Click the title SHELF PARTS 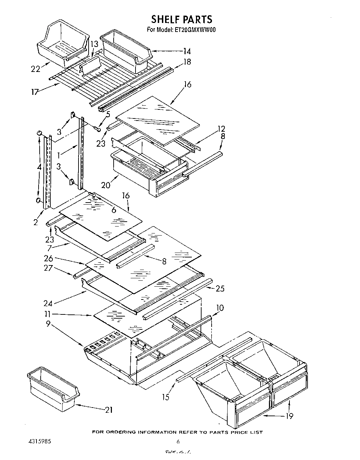click(x=181, y=19)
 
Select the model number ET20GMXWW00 click(x=194, y=30)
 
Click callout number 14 click(x=187, y=51)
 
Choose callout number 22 click(x=35, y=69)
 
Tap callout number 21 click(x=108, y=410)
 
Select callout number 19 click(x=289, y=416)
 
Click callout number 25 click(x=220, y=288)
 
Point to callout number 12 click(x=221, y=129)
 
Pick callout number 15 click(x=166, y=396)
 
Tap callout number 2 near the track click(x=35, y=222)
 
